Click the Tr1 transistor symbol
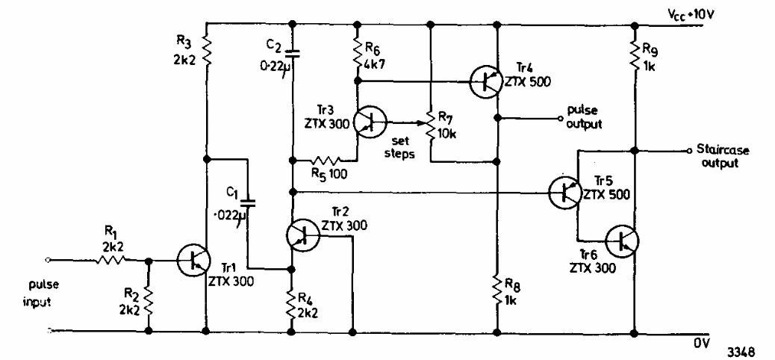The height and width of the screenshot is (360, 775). point(193,259)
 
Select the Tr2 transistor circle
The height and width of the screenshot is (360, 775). point(302,234)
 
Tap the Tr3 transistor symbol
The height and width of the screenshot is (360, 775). point(368,121)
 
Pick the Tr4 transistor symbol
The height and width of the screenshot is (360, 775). point(487,81)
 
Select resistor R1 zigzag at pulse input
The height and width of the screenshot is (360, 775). point(113,260)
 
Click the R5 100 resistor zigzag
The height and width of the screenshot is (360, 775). point(327,160)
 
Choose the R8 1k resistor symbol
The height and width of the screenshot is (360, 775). point(497,286)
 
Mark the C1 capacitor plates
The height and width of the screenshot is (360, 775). point(249,201)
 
